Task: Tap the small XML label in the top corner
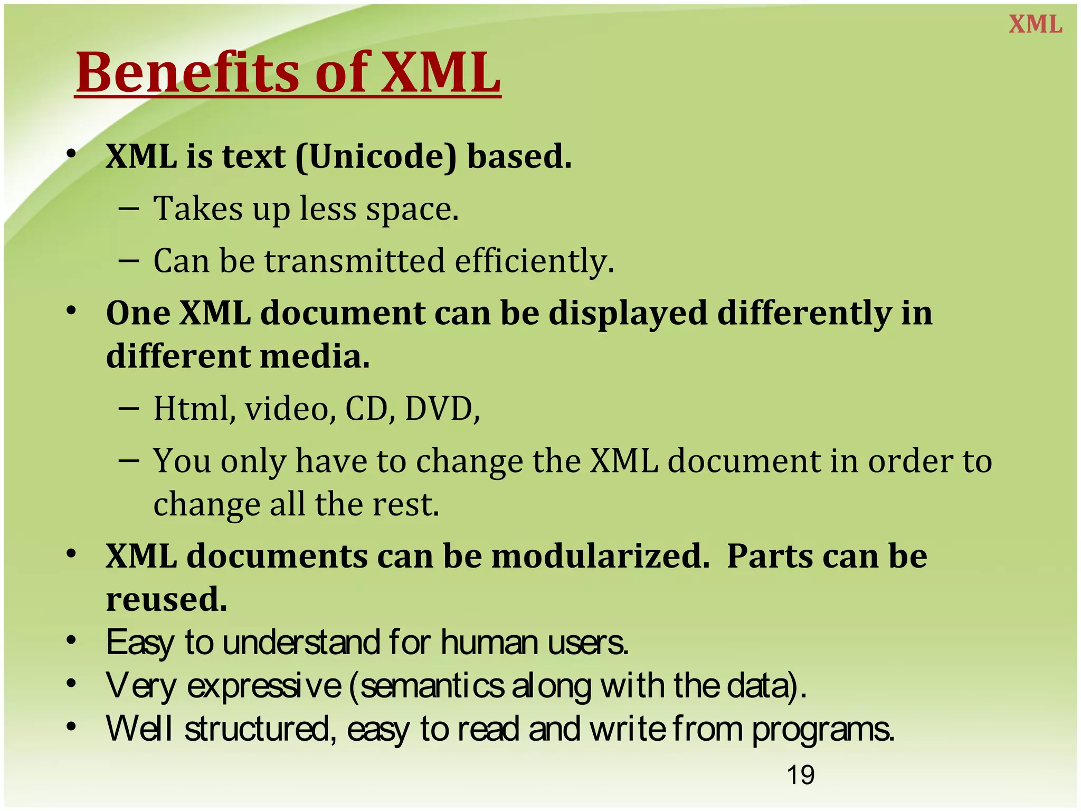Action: click(x=1035, y=25)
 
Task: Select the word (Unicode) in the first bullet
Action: click(x=376, y=157)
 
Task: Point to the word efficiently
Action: click(x=534, y=261)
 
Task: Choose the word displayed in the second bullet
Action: click(x=627, y=313)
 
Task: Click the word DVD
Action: click(x=441, y=409)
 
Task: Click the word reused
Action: click(x=166, y=599)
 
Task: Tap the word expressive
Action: click(x=264, y=686)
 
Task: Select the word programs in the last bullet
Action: click(x=822, y=729)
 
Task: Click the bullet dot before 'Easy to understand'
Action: click(x=72, y=640)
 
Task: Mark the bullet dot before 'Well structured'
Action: click(x=72, y=727)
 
